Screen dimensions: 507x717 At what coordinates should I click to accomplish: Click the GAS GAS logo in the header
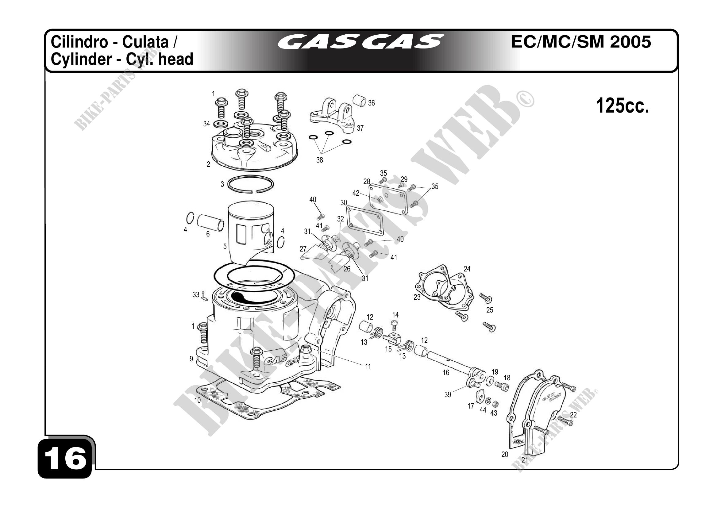[361, 42]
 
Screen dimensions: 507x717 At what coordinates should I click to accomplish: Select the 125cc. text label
[623, 106]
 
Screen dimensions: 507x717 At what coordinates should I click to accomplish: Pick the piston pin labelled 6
[210, 222]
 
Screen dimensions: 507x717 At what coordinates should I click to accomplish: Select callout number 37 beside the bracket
[360, 128]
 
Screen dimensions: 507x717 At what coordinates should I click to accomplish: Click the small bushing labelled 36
[360, 101]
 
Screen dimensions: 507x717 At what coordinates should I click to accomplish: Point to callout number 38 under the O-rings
[319, 160]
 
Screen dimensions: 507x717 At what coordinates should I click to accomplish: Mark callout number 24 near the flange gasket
[467, 269]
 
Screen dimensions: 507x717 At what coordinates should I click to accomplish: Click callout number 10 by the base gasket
[198, 400]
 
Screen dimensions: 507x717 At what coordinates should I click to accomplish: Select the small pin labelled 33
[204, 295]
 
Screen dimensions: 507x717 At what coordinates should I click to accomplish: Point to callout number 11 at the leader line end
[368, 367]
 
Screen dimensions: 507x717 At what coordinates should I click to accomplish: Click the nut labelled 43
[495, 405]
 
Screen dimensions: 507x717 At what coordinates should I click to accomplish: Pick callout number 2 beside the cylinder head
[208, 164]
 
